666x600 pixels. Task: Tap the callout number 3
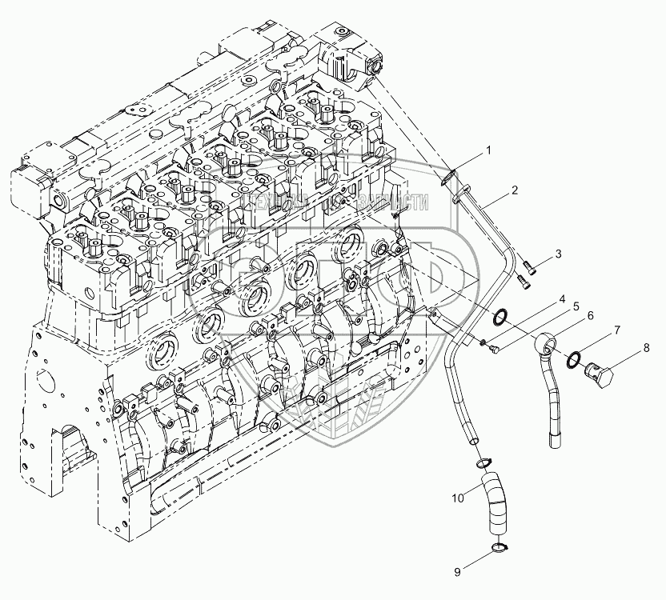[560, 253]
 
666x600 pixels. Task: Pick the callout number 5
[575, 306]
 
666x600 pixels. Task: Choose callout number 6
[590, 316]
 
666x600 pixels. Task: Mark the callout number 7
[616, 329]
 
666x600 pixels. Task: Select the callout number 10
[456, 498]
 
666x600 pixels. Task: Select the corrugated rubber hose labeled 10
[495, 504]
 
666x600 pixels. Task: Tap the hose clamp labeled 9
[499, 549]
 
